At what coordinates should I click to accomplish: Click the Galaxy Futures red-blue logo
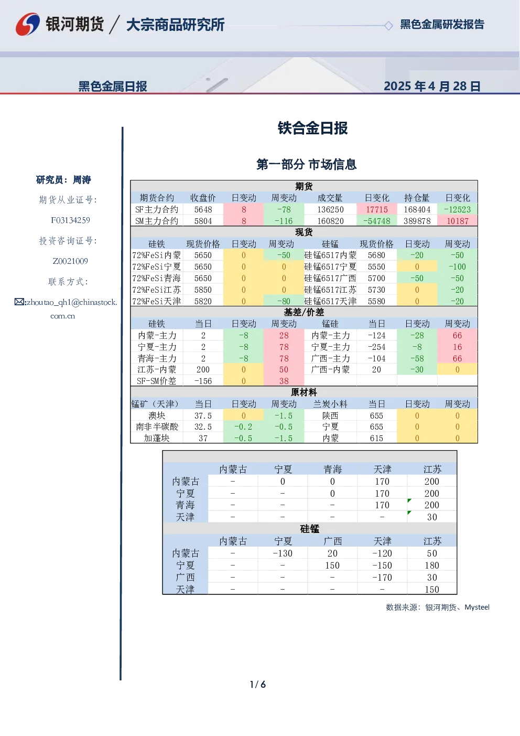(28, 24)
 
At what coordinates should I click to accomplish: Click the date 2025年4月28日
(432, 86)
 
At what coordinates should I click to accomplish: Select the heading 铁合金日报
(312, 128)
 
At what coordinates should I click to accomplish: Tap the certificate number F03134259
(70, 220)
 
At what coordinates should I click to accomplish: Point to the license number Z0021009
(70, 261)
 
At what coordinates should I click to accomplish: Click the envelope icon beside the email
(19, 302)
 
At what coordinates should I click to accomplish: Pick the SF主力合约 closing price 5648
(203, 210)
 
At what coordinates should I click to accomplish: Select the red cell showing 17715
(376, 210)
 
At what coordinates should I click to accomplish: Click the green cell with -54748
(376, 221)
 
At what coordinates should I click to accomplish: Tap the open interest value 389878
(417, 221)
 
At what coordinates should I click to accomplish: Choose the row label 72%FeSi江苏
(157, 290)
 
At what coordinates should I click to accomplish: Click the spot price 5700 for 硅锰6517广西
(376, 279)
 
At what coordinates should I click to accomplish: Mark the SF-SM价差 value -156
(203, 381)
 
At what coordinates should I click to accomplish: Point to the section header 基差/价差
(304, 312)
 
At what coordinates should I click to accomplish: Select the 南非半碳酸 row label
(157, 427)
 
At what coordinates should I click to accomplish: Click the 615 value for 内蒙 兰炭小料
(376, 439)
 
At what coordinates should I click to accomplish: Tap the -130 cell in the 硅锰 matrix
(283, 553)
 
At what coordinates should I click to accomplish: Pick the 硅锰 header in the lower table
(310, 529)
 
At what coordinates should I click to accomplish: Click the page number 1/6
(258, 685)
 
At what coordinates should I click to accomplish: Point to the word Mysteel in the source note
(476, 607)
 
